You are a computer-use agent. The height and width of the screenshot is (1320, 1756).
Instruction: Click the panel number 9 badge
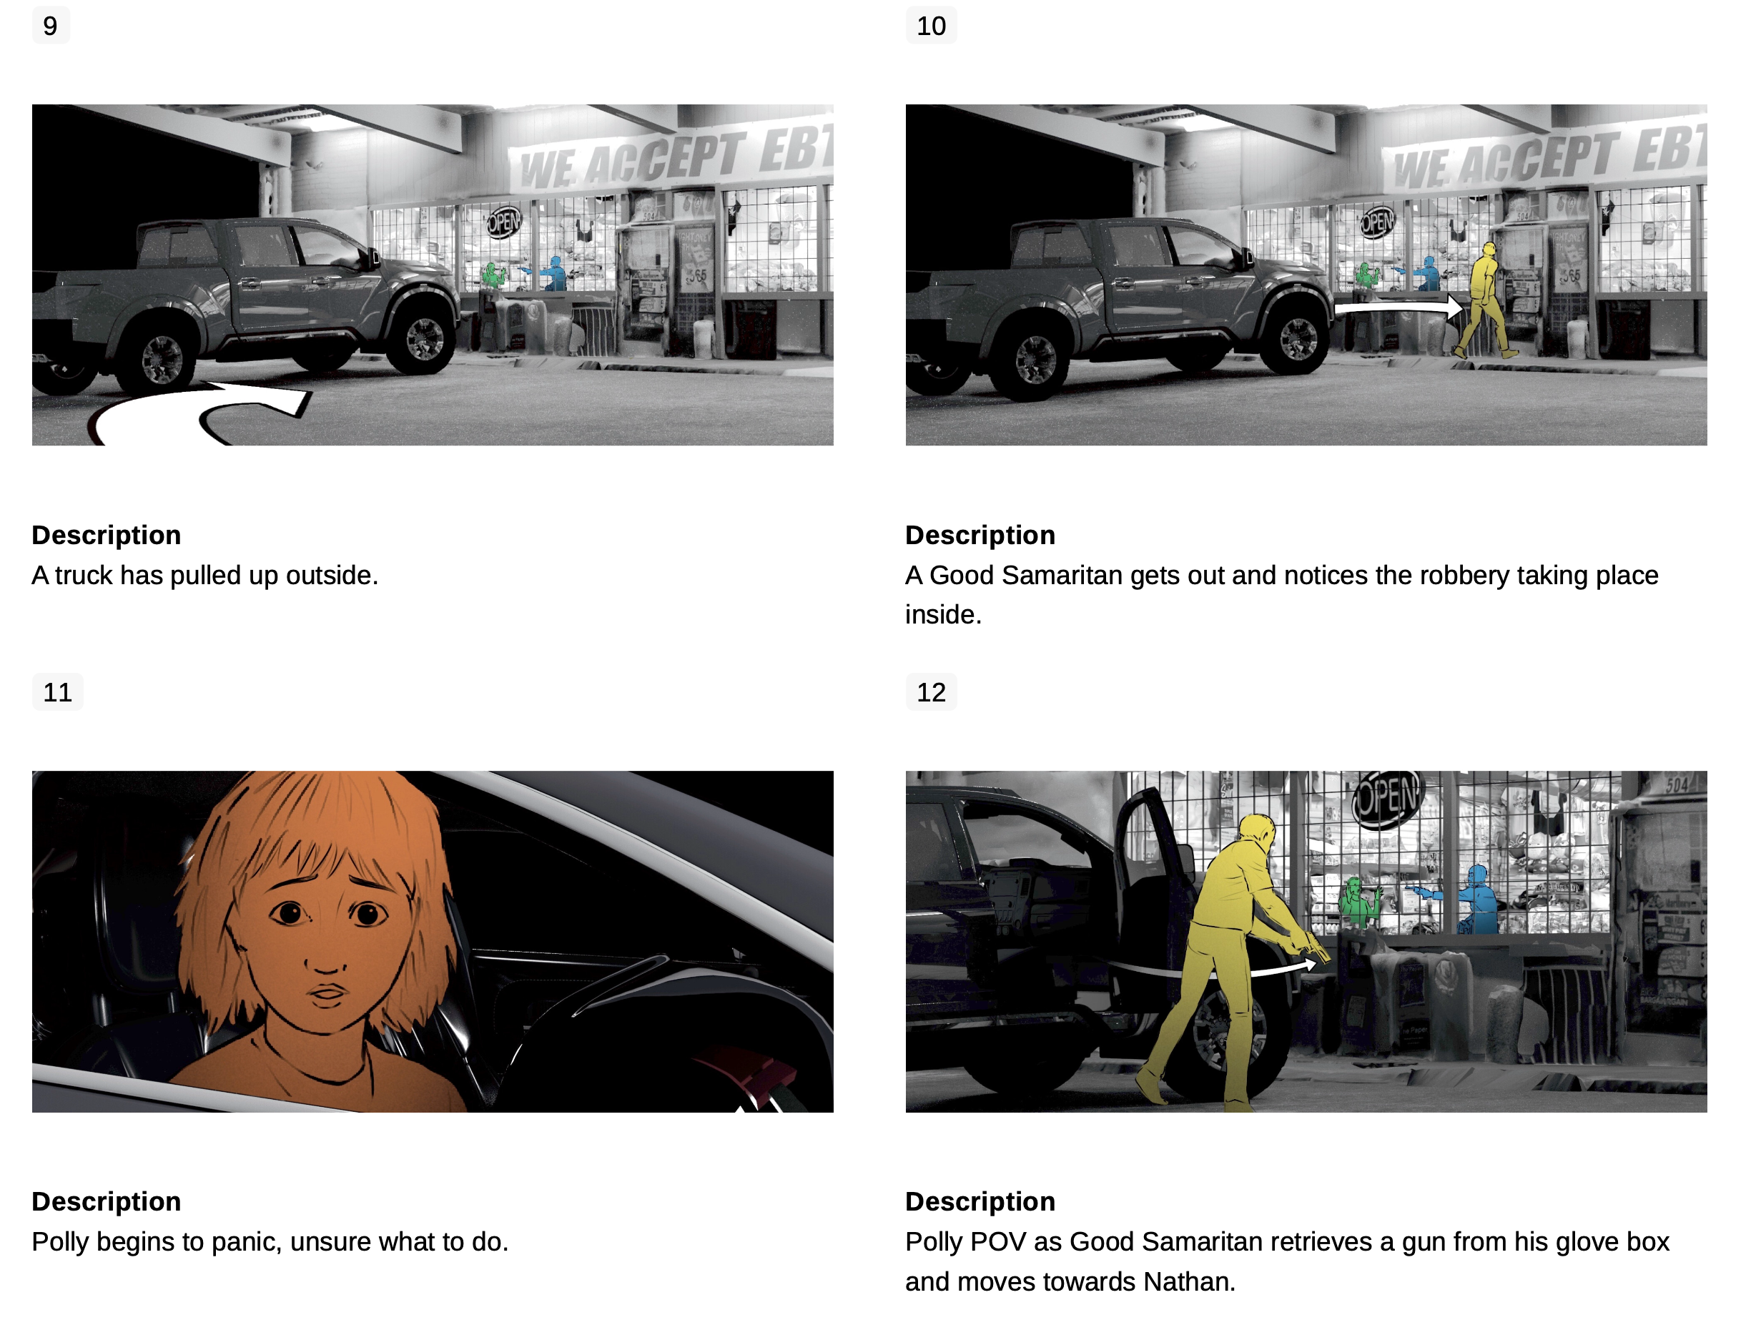click(x=51, y=26)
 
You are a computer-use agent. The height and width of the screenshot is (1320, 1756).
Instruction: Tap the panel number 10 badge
click(x=931, y=26)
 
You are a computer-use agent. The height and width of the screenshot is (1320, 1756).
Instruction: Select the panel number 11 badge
click(x=58, y=692)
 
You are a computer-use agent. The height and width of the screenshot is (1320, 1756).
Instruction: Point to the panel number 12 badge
click(x=931, y=692)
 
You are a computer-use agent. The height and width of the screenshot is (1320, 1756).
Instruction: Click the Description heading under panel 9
click(x=107, y=535)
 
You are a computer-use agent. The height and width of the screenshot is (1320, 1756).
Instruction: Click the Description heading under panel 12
click(x=980, y=1202)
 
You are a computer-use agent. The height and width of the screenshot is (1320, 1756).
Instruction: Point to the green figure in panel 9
click(x=494, y=275)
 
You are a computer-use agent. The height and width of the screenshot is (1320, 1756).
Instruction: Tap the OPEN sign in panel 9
click(x=503, y=222)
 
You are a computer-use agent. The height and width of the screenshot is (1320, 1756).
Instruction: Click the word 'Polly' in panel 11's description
click(x=60, y=1242)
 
